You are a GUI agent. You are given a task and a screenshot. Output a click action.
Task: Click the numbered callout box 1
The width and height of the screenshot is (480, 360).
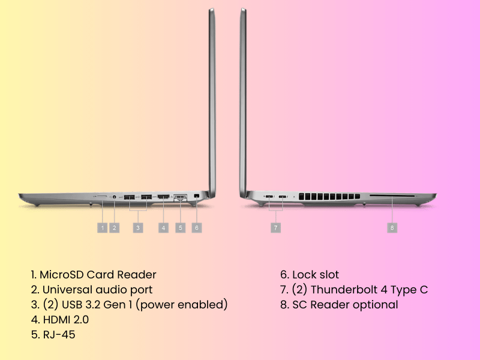point(102,228)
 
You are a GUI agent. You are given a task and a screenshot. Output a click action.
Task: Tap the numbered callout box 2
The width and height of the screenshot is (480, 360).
point(115,228)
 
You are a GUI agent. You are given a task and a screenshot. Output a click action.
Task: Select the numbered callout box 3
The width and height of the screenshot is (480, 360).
point(138,228)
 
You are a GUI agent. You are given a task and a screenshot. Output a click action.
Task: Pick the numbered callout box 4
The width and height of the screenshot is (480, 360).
point(163,228)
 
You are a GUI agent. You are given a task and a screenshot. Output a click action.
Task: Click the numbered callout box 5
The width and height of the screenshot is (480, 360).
point(181,228)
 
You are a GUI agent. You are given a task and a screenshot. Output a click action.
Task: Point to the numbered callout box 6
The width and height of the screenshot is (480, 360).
point(197,228)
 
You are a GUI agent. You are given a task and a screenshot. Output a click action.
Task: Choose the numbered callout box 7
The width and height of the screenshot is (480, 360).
point(276,228)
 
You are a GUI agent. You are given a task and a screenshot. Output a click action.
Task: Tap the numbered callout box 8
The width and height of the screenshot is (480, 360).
point(392,228)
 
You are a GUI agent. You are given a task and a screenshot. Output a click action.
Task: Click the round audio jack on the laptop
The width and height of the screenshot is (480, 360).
point(115,197)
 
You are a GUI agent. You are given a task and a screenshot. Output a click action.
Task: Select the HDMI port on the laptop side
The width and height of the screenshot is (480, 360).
point(163,197)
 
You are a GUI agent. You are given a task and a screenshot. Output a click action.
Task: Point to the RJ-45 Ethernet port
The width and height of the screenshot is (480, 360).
point(181,197)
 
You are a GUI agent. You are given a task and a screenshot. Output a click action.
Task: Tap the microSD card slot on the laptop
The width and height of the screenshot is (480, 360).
point(102,196)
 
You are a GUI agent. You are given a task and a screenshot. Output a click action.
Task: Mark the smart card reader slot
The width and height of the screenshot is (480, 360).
point(392,196)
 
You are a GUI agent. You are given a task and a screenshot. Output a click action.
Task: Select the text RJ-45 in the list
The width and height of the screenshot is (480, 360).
point(59,335)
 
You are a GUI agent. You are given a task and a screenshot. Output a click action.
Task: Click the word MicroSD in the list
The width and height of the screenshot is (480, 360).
point(62,275)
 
